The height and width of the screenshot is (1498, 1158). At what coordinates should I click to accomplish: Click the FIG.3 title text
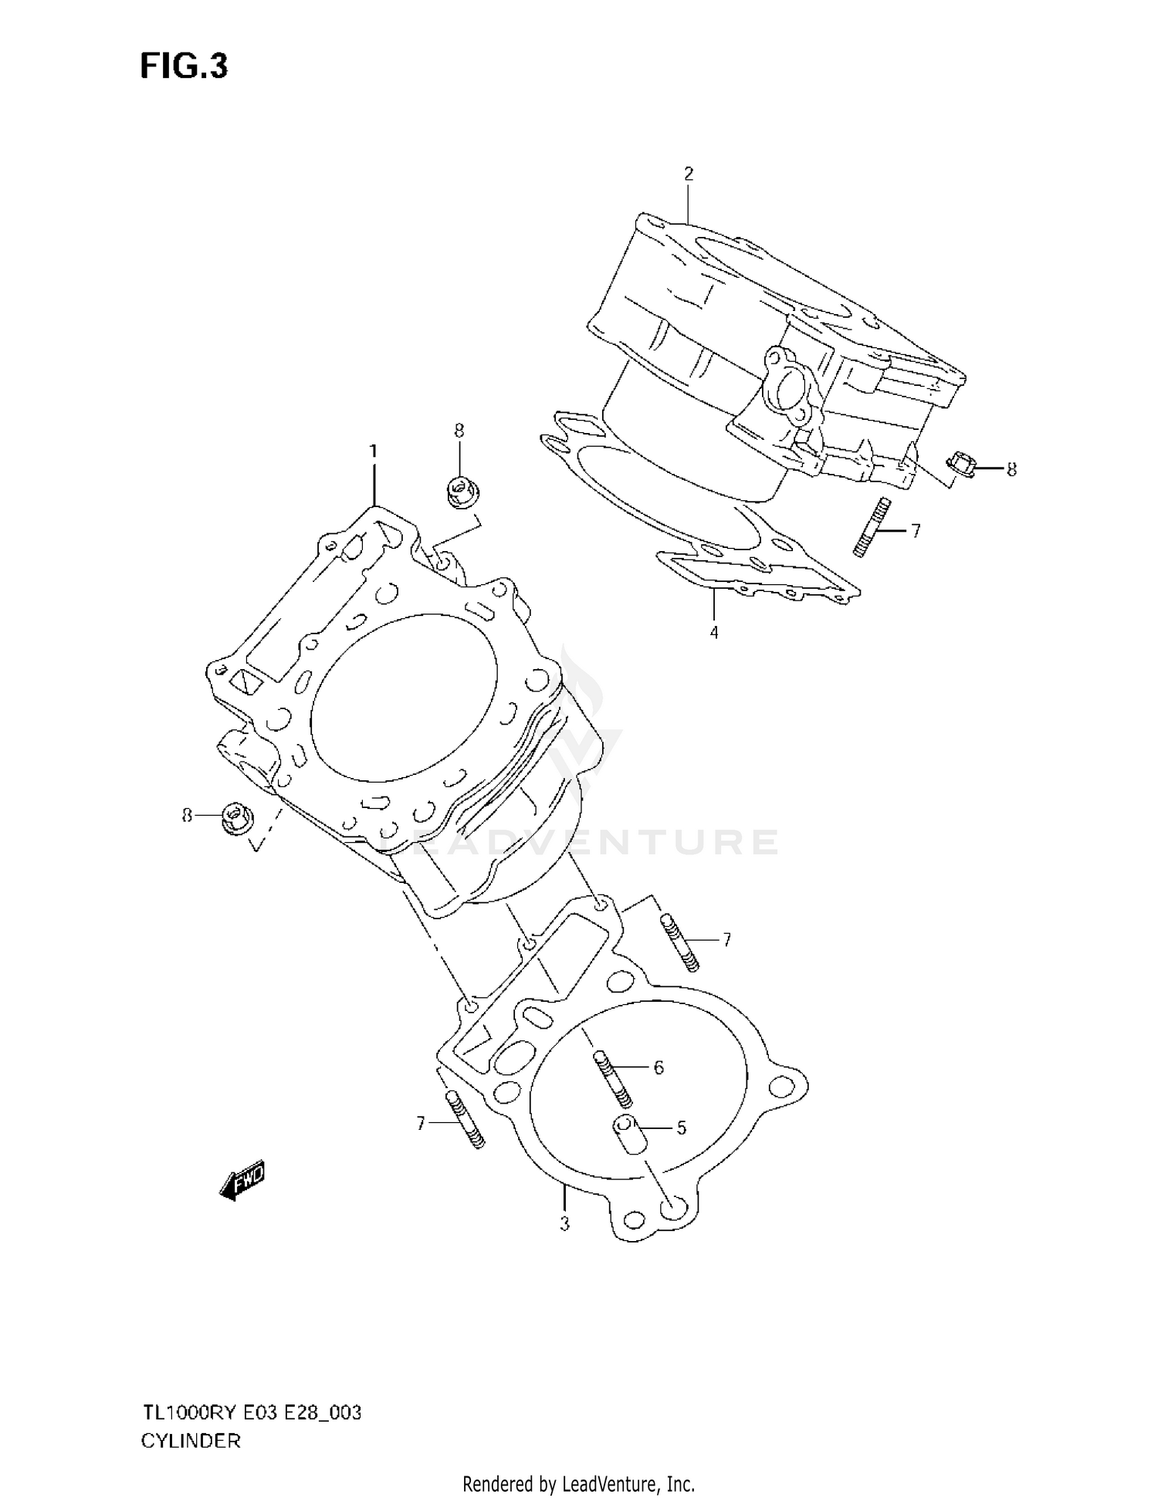point(184,67)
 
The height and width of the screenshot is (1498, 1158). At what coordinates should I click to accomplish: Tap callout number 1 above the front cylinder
point(374,451)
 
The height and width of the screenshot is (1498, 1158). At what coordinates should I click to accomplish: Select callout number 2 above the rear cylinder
point(689,174)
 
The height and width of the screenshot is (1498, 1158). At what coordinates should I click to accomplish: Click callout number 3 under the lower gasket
point(564,1224)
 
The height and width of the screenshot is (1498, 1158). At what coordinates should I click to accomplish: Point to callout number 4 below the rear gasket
point(714,633)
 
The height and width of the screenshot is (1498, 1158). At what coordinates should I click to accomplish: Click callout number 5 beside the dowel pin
point(681,1128)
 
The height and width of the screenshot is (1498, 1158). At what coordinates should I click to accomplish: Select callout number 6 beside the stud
point(659,1067)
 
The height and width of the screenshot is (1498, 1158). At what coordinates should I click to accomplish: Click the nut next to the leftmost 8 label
point(234,818)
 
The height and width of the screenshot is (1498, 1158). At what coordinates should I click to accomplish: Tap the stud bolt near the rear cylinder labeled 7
point(872,527)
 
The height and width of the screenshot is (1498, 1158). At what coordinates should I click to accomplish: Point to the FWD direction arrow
point(242,1182)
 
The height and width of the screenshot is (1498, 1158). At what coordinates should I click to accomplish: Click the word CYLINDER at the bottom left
point(191,1440)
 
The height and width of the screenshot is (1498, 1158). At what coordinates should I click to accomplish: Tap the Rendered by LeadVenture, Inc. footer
point(578,1483)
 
